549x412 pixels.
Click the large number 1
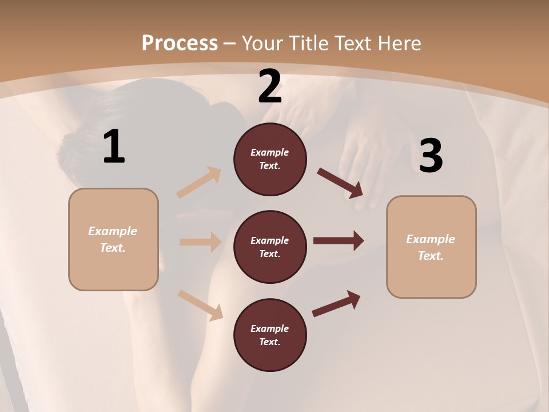114,147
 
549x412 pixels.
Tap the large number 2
270,86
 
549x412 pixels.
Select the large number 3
431,156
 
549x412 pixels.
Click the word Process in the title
180,43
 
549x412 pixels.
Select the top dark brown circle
270,159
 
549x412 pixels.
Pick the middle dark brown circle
270,247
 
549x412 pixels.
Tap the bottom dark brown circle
270,335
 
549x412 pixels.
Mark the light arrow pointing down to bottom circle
200,305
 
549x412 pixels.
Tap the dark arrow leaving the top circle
340,183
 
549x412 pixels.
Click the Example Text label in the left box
113,239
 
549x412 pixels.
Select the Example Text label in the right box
431,247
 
